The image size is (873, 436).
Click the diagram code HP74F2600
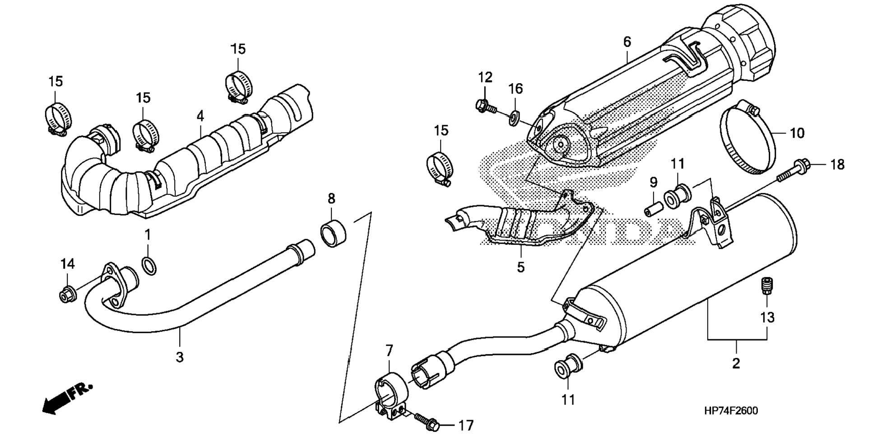731,411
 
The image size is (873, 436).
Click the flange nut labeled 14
68,295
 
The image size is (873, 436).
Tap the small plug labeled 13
766,286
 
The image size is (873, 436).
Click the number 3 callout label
180,357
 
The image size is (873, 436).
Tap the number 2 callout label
736,363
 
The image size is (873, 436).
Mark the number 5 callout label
520,267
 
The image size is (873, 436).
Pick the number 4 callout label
200,116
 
